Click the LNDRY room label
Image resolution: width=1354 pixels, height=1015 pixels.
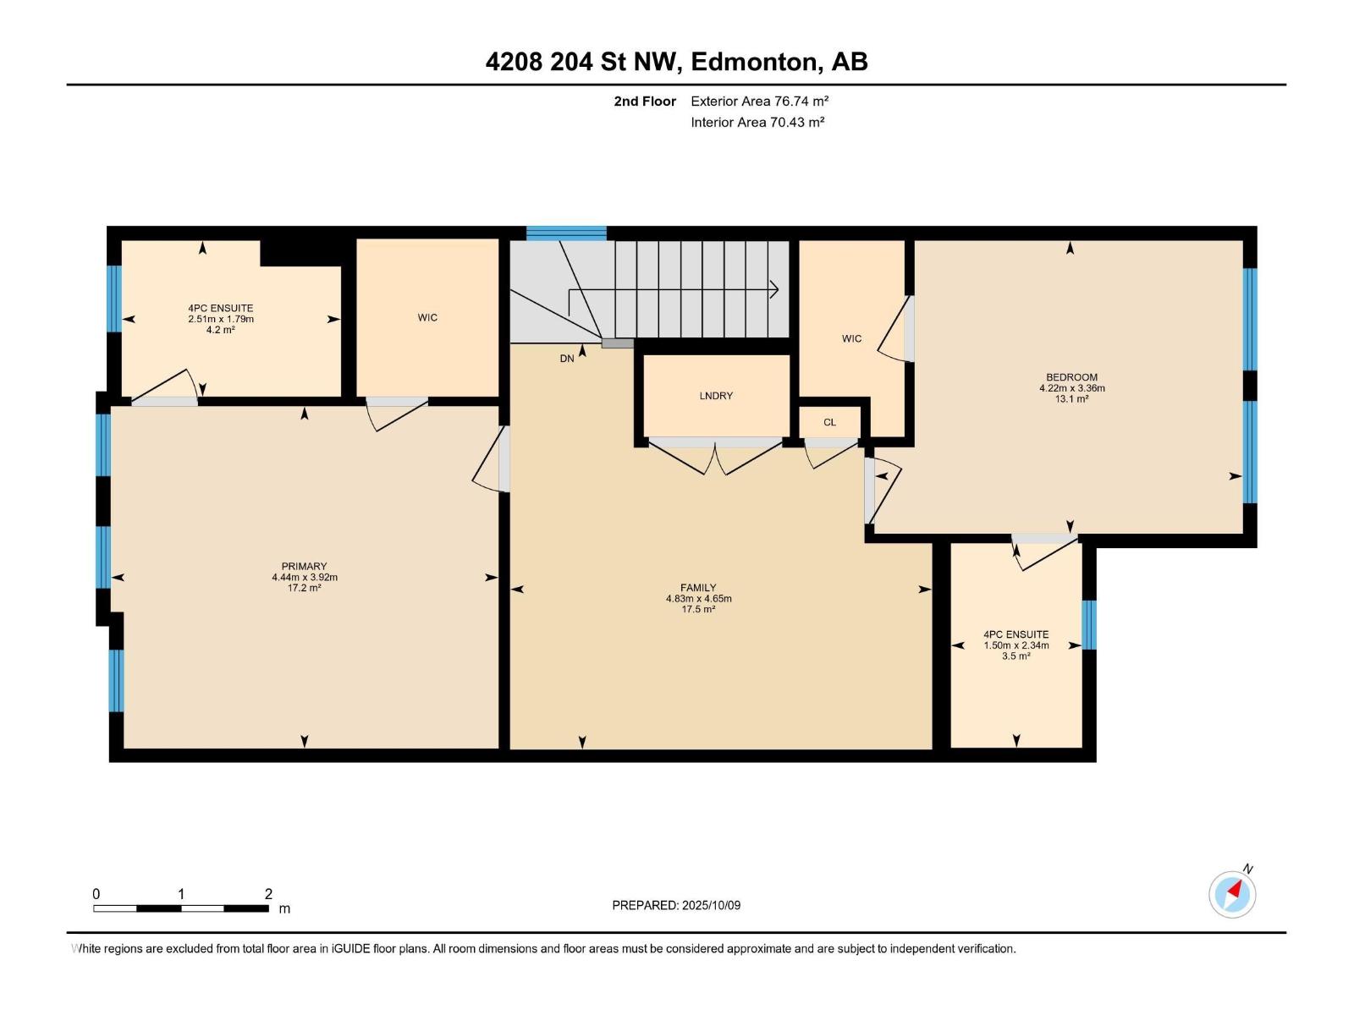click(x=716, y=396)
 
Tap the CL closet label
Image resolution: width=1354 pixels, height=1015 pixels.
click(x=829, y=422)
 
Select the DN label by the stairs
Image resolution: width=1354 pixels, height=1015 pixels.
click(x=566, y=358)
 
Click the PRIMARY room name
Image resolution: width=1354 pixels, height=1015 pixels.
click(x=304, y=566)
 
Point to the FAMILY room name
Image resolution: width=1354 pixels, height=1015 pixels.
click(x=697, y=587)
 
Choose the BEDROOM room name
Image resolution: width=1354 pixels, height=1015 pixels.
click(x=1071, y=377)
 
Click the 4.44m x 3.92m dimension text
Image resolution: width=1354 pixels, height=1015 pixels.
click(x=304, y=577)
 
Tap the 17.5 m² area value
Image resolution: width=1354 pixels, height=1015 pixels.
click(x=697, y=609)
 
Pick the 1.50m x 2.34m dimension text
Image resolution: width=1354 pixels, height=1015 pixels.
click(x=1016, y=645)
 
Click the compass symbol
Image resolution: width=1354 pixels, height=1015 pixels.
click(x=1232, y=894)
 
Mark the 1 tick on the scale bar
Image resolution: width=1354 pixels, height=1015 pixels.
click(x=181, y=893)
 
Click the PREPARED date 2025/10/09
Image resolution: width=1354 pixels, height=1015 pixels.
click(x=711, y=905)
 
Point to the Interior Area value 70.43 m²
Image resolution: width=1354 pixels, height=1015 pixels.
click(x=797, y=122)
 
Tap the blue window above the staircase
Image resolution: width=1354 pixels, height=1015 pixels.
click(x=566, y=233)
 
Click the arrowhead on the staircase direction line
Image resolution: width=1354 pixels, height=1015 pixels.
click(x=773, y=289)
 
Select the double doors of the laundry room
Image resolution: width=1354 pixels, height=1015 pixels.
click(x=715, y=456)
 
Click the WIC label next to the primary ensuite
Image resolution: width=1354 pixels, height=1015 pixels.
click(x=427, y=317)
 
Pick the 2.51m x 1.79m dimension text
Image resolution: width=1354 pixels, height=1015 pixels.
click(x=221, y=319)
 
